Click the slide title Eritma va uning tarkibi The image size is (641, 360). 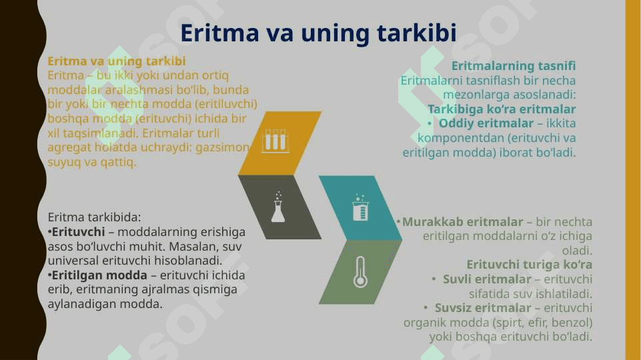point(318,33)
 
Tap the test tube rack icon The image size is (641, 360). point(275,141)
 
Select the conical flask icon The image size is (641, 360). point(278,207)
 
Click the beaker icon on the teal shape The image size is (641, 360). point(360,207)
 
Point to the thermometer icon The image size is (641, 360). point(360,272)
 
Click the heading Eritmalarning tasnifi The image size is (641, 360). point(514,66)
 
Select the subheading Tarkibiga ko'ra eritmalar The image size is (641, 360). point(502,109)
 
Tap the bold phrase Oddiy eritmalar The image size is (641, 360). point(486,123)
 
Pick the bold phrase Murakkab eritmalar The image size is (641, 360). point(462,222)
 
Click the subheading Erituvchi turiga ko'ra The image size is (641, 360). point(530,265)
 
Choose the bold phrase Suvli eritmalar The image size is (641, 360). point(487,279)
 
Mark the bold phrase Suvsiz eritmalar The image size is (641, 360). point(483,308)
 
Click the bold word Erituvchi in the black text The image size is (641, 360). point(79,232)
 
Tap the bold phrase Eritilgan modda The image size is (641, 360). point(99,275)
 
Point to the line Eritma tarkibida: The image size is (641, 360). point(95,217)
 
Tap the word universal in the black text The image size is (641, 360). point(73,261)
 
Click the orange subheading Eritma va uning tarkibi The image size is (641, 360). point(117,61)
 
